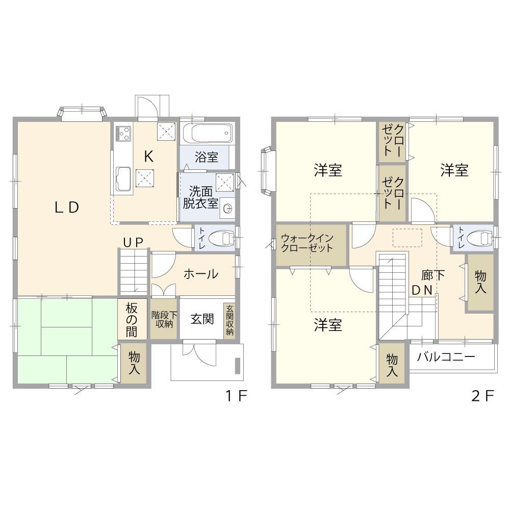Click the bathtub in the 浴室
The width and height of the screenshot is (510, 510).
[208, 133]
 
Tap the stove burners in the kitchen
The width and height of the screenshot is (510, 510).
[123, 133]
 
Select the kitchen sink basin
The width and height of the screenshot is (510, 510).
[123, 179]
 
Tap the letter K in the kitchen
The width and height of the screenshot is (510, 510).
[148, 157]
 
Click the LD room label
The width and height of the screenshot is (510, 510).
[67, 207]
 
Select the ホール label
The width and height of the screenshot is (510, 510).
[200, 274]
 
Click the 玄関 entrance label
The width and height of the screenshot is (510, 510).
[202, 319]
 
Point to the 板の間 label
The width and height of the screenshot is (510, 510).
[132, 320]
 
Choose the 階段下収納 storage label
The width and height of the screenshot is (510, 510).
[164, 319]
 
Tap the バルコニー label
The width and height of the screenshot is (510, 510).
[446, 357]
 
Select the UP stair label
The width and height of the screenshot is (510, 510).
[133, 242]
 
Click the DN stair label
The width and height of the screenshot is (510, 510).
[422, 291]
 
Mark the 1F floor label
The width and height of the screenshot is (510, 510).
[237, 396]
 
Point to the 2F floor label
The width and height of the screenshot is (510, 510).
[483, 396]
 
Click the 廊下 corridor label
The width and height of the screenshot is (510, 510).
[433, 276]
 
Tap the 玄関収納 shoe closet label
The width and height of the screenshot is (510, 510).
[229, 320]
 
